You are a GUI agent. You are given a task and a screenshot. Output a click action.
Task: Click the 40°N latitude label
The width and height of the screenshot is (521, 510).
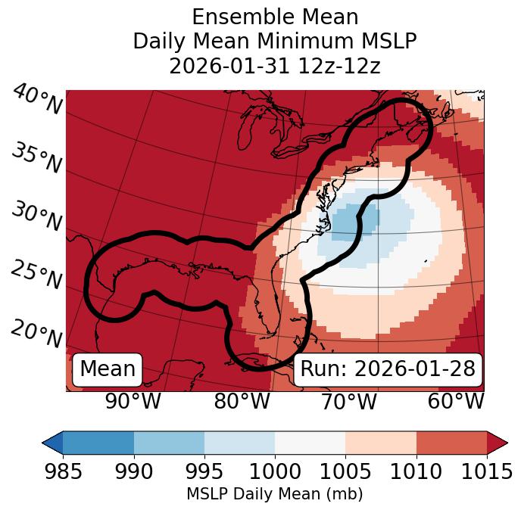click(x=37, y=101)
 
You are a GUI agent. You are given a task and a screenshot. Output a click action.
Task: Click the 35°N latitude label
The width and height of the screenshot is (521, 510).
click(x=36, y=158)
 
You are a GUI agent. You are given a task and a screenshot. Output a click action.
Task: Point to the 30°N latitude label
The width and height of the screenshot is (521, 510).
click(x=36, y=217)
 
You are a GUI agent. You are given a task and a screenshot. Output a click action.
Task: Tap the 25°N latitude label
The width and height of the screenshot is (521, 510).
click(x=36, y=275)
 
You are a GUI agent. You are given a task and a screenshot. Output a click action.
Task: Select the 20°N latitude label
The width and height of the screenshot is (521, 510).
click(x=36, y=333)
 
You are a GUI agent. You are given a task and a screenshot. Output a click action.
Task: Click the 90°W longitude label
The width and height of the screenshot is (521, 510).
click(x=133, y=401)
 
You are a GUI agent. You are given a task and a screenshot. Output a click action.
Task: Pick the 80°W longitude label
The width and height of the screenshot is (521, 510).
click(x=242, y=401)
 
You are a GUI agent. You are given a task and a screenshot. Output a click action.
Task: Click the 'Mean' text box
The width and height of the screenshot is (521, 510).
click(x=108, y=369)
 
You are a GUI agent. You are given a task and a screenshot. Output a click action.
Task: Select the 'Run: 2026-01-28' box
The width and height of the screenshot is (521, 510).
click(x=388, y=369)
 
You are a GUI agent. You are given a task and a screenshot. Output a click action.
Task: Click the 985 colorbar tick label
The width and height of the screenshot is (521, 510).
click(x=62, y=472)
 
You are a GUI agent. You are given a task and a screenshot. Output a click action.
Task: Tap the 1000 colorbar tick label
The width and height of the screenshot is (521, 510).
click(x=275, y=472)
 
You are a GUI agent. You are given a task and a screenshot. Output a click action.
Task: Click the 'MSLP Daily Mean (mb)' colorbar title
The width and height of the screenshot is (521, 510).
click(x=275, y=495)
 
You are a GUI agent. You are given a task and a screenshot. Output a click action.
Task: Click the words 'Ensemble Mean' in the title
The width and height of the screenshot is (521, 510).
click(x=275, y=17)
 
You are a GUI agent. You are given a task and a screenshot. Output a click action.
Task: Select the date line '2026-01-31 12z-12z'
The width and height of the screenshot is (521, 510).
click(x=275, y=66)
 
